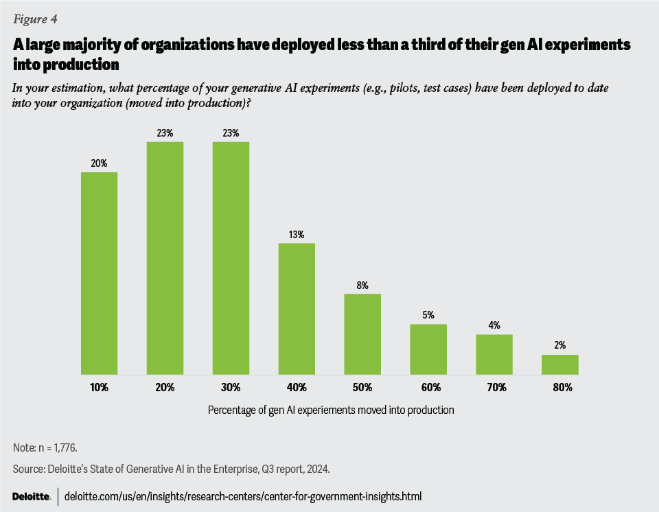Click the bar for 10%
tap(100, 273)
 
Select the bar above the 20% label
tap(165, 258)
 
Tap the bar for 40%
tap(297, 309)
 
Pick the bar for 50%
tap(363, 334)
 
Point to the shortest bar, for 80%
tap(560, 364)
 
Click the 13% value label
tap(297, 234)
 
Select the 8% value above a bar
tap(363, 285)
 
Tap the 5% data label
tap(429, 315)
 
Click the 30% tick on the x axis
tap(231, 388)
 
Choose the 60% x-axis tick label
tap(429, 388)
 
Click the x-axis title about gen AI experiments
tap(329, 410)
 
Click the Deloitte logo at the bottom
tap(32, 496)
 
